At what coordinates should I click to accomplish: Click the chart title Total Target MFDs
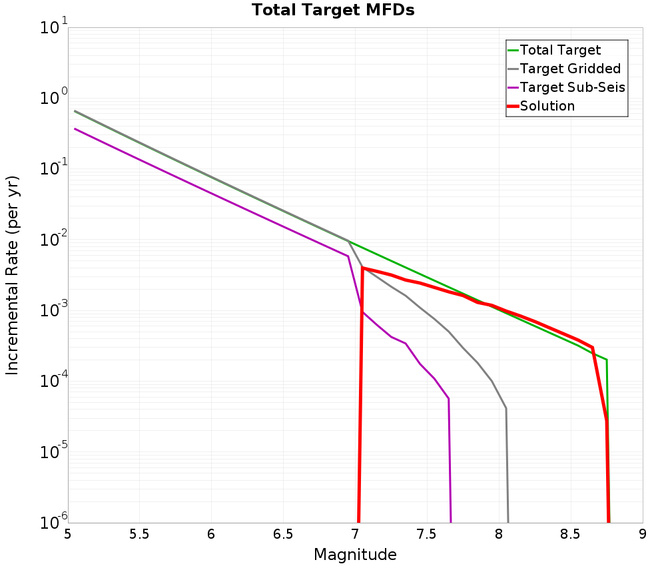333,11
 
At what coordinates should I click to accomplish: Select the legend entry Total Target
560,50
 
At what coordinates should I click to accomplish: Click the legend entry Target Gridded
570,69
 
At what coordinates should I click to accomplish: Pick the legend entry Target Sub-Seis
572,87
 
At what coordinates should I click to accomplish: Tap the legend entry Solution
547,106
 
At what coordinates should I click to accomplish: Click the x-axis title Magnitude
355,555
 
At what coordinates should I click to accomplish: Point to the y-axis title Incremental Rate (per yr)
13,275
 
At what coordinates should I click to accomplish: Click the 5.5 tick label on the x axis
139,534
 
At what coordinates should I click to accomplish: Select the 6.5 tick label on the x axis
283,534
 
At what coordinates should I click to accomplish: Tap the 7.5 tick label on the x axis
426,534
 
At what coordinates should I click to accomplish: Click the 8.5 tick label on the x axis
570,534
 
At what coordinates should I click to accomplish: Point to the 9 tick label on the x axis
643,534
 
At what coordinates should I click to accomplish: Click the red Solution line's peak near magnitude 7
362,268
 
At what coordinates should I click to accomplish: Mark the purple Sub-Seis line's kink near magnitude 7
348,256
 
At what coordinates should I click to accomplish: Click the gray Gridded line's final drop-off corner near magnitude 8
506,408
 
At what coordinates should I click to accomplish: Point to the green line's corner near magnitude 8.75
607,360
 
